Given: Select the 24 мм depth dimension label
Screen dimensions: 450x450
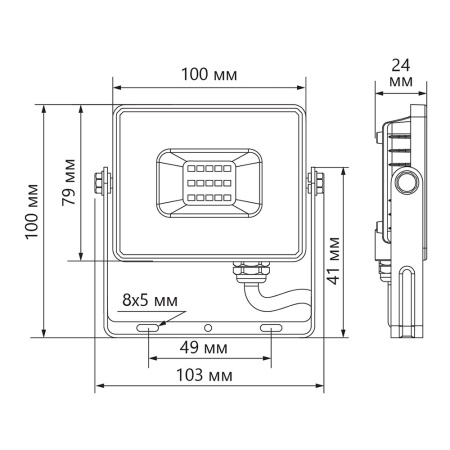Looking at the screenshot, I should point(400,74).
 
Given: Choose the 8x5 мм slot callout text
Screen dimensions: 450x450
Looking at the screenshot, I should point(149,297).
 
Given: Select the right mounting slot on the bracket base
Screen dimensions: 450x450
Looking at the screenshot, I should point(272,327).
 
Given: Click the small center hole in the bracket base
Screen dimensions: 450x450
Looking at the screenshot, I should point(208,327).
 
